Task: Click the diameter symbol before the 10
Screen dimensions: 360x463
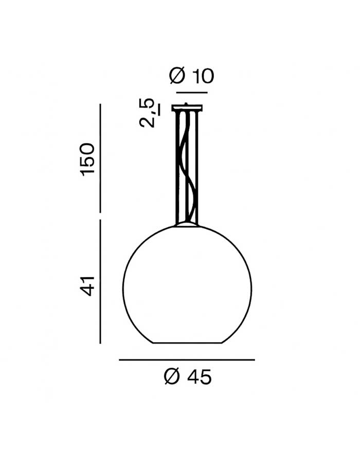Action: [177, 76]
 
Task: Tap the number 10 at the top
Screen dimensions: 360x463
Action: [203, 76]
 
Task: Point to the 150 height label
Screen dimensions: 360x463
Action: [88, 159]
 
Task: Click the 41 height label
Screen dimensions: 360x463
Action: [88, 286]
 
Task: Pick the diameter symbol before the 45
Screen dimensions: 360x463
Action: [172, 377]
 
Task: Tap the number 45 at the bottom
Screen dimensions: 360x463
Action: [200, 377]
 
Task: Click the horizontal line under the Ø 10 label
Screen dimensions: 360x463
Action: [192, 93]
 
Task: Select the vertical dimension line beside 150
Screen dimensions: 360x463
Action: [100, 158]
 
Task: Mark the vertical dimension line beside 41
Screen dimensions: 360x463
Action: [100, 281]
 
